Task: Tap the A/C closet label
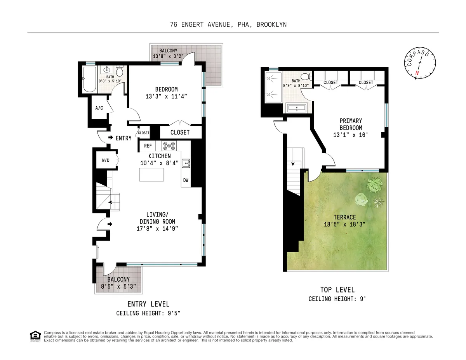point(99,108)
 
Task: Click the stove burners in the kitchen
point(169,146)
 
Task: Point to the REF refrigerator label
point(148,146)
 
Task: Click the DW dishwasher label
point(186,180)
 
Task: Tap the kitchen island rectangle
point(151,175)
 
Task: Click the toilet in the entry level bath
point(120,72)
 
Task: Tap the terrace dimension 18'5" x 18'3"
point(344,224)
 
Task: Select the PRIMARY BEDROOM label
point(351,124)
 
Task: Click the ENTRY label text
point(123,138)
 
